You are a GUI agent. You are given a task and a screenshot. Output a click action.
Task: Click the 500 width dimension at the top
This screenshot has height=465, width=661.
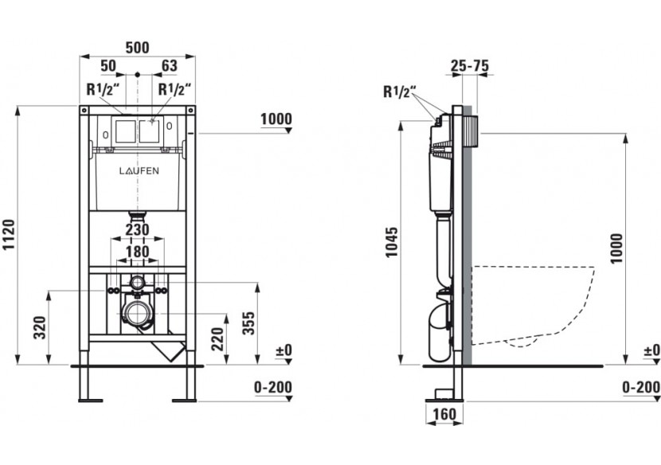pos(138,48)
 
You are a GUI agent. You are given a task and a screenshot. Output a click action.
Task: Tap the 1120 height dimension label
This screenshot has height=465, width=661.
pos(10,235)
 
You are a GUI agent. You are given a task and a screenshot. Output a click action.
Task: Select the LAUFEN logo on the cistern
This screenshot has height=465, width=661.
pos(139,170)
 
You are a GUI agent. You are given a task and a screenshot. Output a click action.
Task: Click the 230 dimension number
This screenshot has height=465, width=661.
pos(138,230)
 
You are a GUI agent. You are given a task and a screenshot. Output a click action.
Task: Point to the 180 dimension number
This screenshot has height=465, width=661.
pos(138,252)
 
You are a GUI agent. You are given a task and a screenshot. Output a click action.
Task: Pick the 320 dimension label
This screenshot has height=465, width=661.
pos(41,327)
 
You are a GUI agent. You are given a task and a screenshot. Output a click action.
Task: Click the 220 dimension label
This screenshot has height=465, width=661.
pos(217,339)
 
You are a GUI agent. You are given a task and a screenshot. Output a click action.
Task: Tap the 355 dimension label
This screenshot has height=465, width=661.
pos(250,323)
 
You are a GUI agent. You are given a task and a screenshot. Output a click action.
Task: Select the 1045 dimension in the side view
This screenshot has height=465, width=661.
pos(392,242)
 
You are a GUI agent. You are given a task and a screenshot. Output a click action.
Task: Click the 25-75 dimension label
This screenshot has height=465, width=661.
pos(470,66)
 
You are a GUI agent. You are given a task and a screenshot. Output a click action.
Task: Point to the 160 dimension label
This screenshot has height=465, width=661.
pos(444,414)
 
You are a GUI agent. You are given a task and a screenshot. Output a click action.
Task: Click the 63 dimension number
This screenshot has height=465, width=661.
pos(170,66)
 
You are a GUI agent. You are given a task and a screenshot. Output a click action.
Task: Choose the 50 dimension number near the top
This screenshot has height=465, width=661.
pos(108,66)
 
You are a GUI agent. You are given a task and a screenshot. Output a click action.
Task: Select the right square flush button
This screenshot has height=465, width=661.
pos(150,131)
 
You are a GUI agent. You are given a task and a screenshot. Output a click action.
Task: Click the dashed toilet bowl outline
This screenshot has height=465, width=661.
pos(533,307)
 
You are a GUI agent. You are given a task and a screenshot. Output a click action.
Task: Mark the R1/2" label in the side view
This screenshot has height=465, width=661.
pos(400,92)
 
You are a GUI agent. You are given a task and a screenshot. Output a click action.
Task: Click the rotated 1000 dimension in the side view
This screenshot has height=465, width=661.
pos(616,248)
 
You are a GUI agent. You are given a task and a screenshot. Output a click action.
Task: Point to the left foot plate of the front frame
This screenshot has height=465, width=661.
pos(90,400)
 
